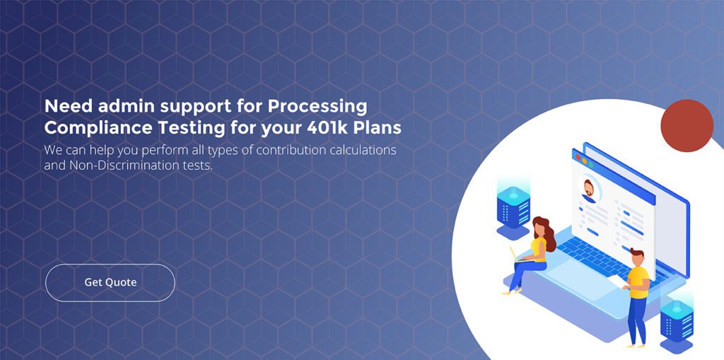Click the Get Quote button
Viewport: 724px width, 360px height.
click(110, 282)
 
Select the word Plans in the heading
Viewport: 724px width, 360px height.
click(378, 128)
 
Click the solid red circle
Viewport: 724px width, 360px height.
click(687, 126)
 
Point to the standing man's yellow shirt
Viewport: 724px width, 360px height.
click(638, 278)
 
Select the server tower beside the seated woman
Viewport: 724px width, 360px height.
click(513, 208)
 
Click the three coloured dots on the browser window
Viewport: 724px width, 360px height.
click(580, 158)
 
